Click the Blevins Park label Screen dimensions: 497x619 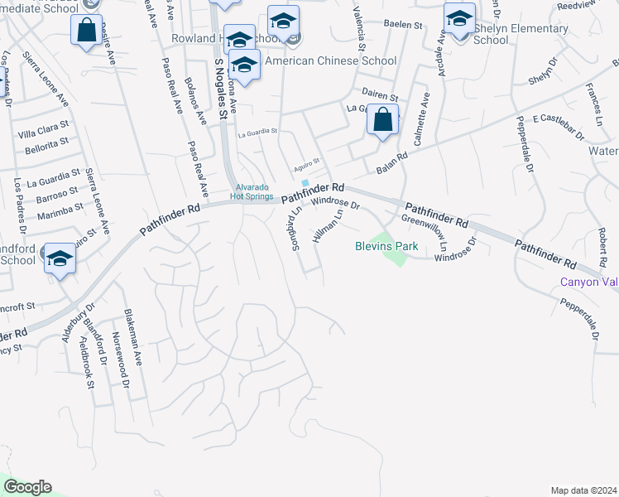pyautogui.click(x=386, y=246)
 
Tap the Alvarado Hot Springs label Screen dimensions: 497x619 pyautogui.click(x=251, y=191)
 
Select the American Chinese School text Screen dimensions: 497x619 pyautogui.click(x=330, y=60)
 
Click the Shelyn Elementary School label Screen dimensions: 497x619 pyautogui.click(x=491, y=34)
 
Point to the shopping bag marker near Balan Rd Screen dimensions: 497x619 pyautogui.click(x=383, y=120)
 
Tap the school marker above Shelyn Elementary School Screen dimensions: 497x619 pyautogui.click(x=459, y=18)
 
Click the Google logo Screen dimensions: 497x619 pyautogui.click(x=27, y=487)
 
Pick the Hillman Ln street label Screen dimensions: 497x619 pyautogui.click(x=328, y=226)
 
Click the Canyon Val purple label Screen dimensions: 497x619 pyautogui.click(x=589, y=282)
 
